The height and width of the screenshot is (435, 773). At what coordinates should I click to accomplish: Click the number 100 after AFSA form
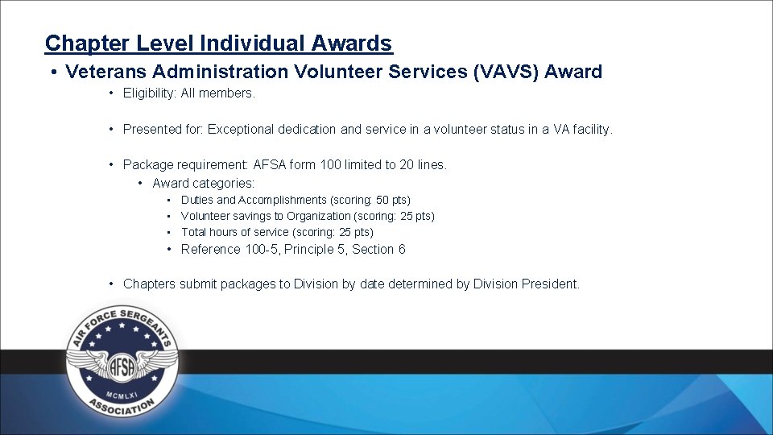pos(330,165)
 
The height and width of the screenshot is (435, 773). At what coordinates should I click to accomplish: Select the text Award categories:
pos(203,183)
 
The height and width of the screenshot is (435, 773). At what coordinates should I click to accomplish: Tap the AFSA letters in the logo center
pos(122,365)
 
